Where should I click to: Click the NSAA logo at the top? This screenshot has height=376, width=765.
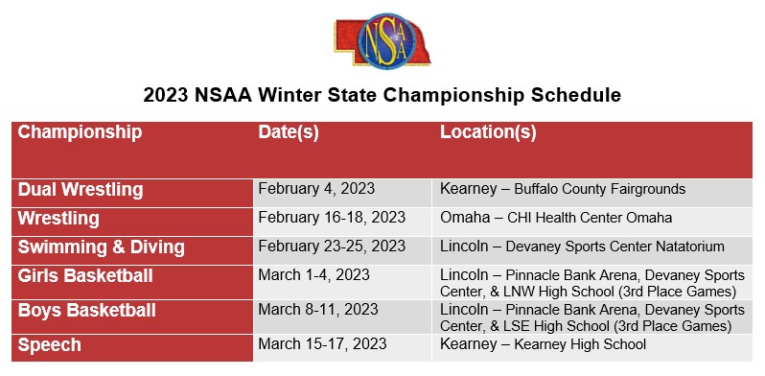pyautogui.click(x=382, y=39)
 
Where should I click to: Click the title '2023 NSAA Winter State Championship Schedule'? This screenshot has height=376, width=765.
pyautogui.click(x=382, y=96)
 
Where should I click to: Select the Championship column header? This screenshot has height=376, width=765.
pyautogui.click(x=80, y=132)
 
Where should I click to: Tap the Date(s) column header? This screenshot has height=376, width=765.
pyautogui.click(x=289, y=132)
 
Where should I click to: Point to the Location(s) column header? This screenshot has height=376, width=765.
pyautogui.click(x=488, y=132)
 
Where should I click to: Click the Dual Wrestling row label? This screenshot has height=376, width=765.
pyautogui.click(x=81, y=190)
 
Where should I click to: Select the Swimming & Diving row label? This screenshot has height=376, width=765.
pyautogui.click(x=102, y=247)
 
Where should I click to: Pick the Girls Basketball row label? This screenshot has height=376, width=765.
pyautogui.click(x=86, y=276)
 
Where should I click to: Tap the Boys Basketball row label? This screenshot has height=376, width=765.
pyautogui.click(x=86, y=311)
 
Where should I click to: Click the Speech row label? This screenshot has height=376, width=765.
pyautogui.click(x=50, y=344)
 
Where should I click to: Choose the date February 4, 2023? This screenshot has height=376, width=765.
pyautogui.click(x=315, y=189)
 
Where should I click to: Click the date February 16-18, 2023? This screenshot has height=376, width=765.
pyautogui.click(x=332, y=218)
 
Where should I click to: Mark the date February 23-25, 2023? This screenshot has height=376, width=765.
pyautogui.click(x=332, y=247)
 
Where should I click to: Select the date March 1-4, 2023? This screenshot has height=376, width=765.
pyautogui.click(x=313, y=275)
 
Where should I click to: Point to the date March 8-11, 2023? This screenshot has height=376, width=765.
pyautogui.click(x=317, y=310)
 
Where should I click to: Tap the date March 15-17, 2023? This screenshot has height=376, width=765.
pyautogui.click(x=321, y=343)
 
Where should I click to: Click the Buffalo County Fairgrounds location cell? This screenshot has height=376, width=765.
pyautogui.click(x=563, y=190)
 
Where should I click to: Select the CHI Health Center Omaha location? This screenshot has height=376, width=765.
pyautogui.click(x=556, y=218)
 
